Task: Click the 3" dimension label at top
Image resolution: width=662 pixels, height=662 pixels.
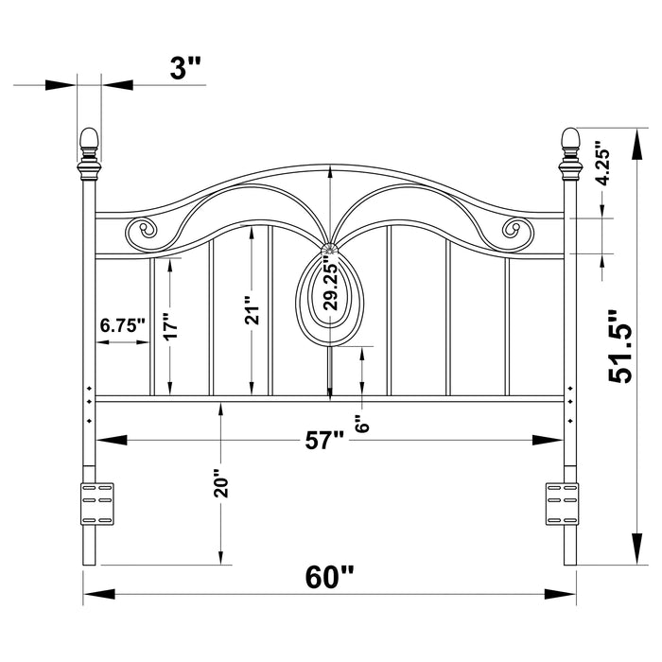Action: [186, 68]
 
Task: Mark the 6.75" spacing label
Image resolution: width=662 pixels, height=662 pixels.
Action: [123, 325]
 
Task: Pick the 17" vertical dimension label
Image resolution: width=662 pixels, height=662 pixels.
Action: [170, 326]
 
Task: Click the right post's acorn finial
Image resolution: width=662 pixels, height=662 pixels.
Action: [570, 142]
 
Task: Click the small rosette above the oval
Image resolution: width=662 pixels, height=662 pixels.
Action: [329, 249]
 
